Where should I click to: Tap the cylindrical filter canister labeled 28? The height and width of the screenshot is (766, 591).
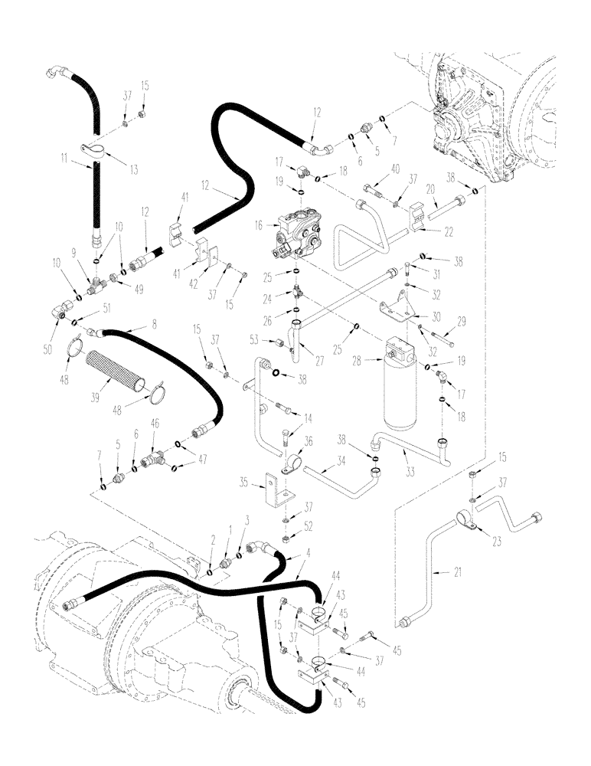pos(402,383)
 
